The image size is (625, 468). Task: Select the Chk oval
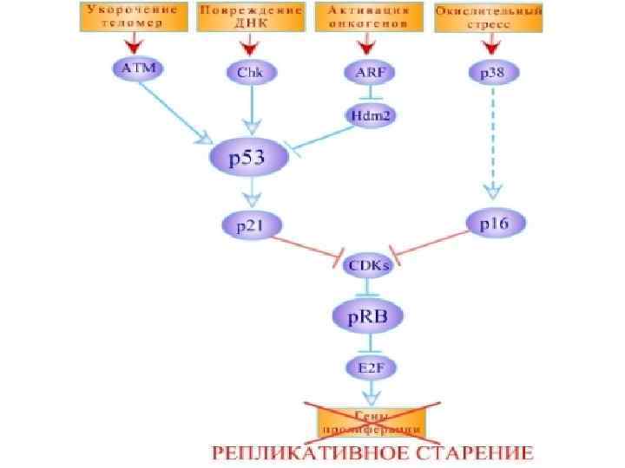click(249, 73)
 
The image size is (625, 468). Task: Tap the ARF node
click(365, 73)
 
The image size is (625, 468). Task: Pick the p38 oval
click(485, 73)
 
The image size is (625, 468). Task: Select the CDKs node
click(369, 266)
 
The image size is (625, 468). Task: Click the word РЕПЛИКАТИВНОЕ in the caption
click(304, 452)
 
